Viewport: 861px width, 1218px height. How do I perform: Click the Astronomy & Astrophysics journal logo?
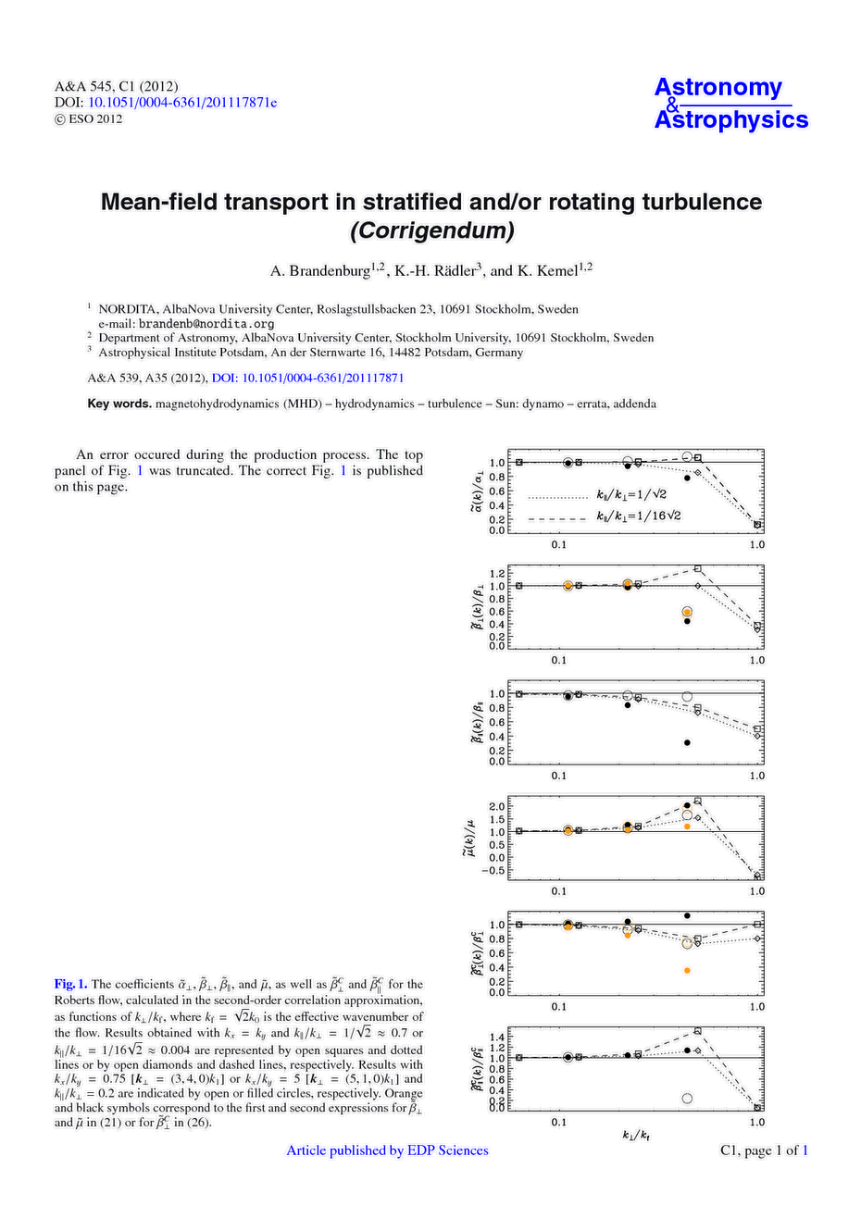point(730,104)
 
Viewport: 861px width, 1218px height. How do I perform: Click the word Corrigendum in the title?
point(430,230)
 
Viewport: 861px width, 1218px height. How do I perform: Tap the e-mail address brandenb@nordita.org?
point(206,324)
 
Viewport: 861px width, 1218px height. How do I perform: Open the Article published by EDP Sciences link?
point(387,1150)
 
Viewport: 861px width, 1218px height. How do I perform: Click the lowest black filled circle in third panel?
point(687,742)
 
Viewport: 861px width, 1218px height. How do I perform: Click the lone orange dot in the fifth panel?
point(687,970)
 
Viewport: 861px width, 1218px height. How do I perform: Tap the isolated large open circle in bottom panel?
point(687,1099)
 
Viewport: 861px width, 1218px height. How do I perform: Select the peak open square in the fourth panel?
point(698,801)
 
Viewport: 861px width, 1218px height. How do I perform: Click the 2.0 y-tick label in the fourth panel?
point(496,806)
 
